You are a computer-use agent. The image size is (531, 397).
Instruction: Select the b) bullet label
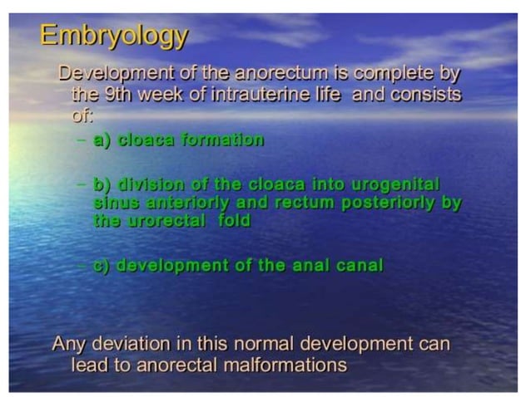point(103,183)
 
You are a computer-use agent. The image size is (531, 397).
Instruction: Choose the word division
point(147,183)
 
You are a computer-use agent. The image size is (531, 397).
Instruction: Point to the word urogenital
point(394,183)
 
